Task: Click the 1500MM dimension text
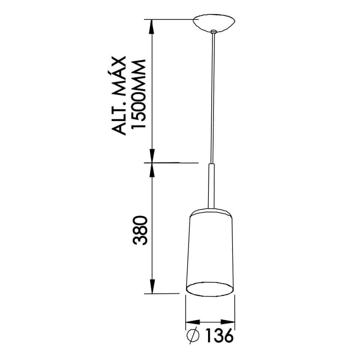coord(139,94)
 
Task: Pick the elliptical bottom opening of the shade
coord(210,289)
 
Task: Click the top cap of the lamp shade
coord(210,212)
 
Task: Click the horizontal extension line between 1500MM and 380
coord(173,163)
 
